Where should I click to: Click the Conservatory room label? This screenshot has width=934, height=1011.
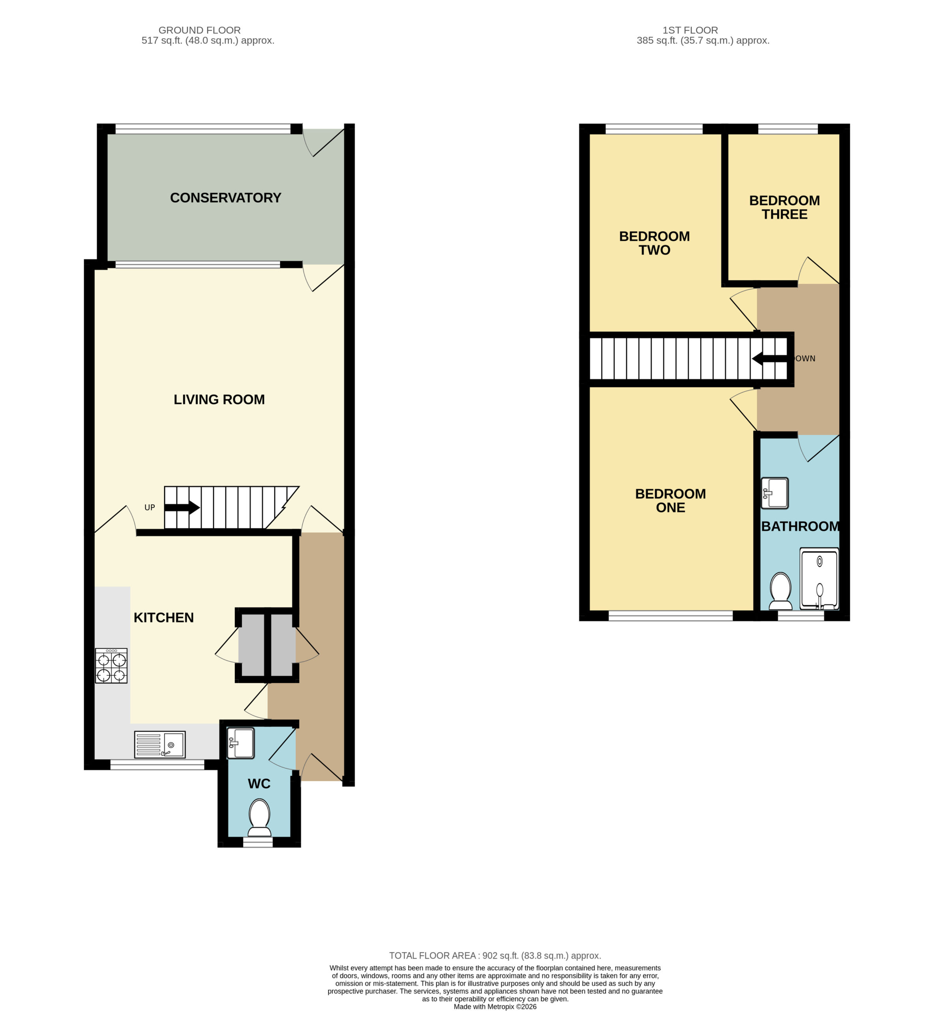point(225,197)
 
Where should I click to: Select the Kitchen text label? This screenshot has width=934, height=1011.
point(164,617)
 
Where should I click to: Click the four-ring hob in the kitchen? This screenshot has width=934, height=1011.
point(111,666)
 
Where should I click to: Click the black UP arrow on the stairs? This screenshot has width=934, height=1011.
point(182,507)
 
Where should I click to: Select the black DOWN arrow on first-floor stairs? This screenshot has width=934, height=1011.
point(770,359)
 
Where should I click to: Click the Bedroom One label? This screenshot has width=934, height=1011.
point(670,500)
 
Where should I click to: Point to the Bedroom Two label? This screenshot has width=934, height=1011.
point(655,243)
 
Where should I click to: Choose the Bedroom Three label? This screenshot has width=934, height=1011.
point(784,207)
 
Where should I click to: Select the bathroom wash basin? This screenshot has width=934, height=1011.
point(775,492)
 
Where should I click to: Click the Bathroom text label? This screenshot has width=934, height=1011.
point(801,526)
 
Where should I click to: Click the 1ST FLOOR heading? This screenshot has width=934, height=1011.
point(690,30)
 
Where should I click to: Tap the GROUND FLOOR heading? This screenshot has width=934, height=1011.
point(200,30)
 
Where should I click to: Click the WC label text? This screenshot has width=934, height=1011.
point(259,784)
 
